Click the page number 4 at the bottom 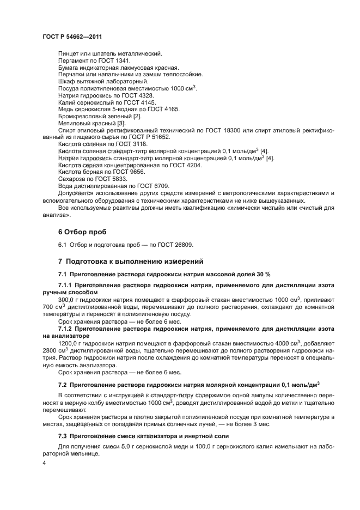click(44, 463)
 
